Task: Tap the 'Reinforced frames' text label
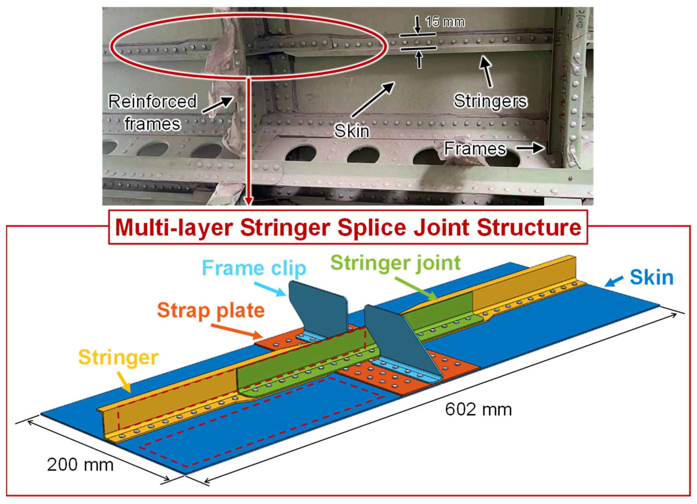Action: point(152,113)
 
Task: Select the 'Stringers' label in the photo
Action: point(491,101)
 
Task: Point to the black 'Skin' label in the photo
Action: point(352,131)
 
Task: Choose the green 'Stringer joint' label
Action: point(395,263)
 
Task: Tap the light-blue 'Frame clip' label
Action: point(254,268)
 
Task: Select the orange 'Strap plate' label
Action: point(211,310)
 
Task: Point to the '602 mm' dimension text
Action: point(478,410)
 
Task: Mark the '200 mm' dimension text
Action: point(80,465)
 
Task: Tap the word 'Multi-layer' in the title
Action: point(174,228)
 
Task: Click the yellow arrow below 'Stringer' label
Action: point(124,382)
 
